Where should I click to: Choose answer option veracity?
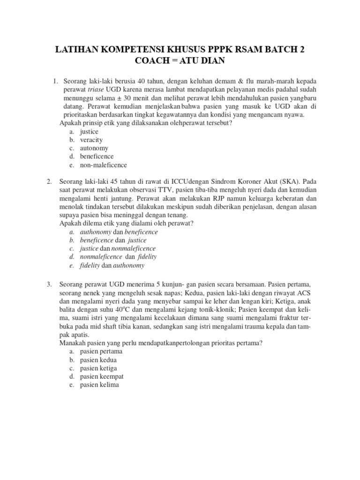[x=91, y=140]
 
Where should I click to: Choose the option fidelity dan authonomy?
[x=112, y=265]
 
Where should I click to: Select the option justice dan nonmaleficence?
[x=118, y=248]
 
